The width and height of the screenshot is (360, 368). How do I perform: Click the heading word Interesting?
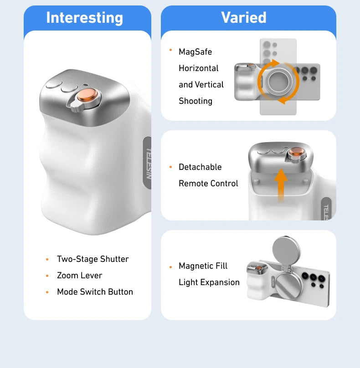pos(85,18)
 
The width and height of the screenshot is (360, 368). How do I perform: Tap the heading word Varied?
pos(244,18)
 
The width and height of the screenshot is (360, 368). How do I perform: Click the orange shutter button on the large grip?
pos(87,96)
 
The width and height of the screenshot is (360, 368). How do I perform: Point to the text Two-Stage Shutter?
pos(93,259)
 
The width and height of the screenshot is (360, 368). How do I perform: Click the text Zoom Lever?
pos(79,276)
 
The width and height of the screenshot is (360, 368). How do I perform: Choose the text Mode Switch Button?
pos(95,292)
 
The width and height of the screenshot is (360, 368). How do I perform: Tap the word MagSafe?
pos(195,52)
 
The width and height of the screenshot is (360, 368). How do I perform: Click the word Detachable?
pos(200,167)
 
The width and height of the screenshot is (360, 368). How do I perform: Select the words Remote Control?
pos(208,184)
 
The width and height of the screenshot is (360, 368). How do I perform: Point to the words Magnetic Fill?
pos(203,266)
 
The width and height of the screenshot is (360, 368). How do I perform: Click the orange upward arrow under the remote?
pos(281,184)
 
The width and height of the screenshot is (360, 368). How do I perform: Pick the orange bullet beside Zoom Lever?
pos(47,276)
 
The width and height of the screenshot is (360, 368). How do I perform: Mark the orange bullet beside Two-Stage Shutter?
pos(47,260)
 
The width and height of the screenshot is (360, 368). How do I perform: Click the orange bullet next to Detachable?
pos(170,168)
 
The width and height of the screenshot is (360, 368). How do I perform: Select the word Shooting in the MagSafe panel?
pos(195,101)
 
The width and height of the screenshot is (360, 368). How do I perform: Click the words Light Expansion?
pos(209,282)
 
